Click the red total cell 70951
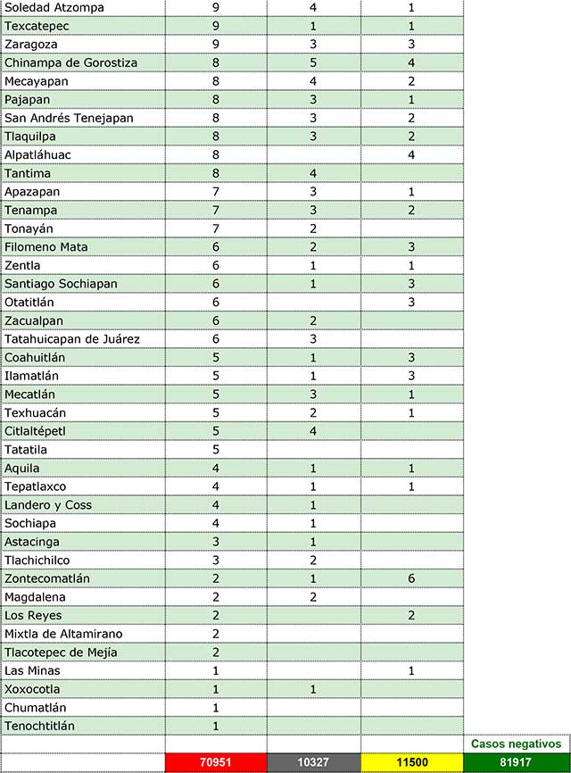(x=215, y=763)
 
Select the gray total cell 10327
(x=313, y=763)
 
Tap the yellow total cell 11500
(x=411, y=763)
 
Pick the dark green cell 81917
(x=516, y=763)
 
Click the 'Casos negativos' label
(x=516, y=744)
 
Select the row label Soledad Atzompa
(x=54, y=7)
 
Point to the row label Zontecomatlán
(x=46, y=578)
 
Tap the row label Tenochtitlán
(x=39, y=726)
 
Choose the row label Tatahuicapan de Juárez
(x=72, y=339)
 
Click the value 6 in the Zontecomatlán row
(x=411, y=578)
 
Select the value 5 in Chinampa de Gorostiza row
(x=313, y=62)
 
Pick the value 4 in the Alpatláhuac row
(x=411, y=154)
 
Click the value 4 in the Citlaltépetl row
(x=313, y=431)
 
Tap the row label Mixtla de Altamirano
(x=63, y=634)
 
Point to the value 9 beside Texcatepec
(x=216, y=26)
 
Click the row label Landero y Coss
(x=48, y=505)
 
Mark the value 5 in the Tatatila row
(x=216, y=450)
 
